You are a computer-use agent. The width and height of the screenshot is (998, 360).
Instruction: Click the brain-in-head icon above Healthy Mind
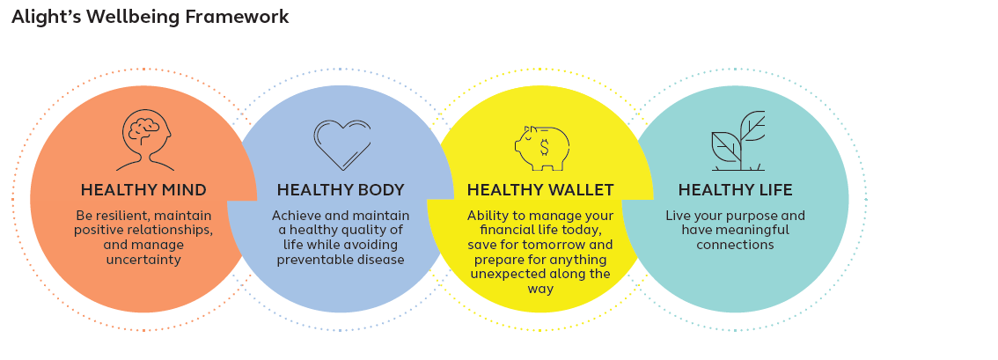[143, 140]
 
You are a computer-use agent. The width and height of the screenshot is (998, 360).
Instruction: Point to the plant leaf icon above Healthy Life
[737, 141]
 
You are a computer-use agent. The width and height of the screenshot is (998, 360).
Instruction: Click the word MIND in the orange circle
[183, 190]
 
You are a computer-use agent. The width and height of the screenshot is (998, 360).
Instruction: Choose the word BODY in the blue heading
[380, 190]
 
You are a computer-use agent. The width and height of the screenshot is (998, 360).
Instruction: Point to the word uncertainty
[143, 260]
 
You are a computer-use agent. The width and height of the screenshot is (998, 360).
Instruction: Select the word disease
[381, 260]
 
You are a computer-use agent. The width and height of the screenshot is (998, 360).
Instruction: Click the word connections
[735, 245]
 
